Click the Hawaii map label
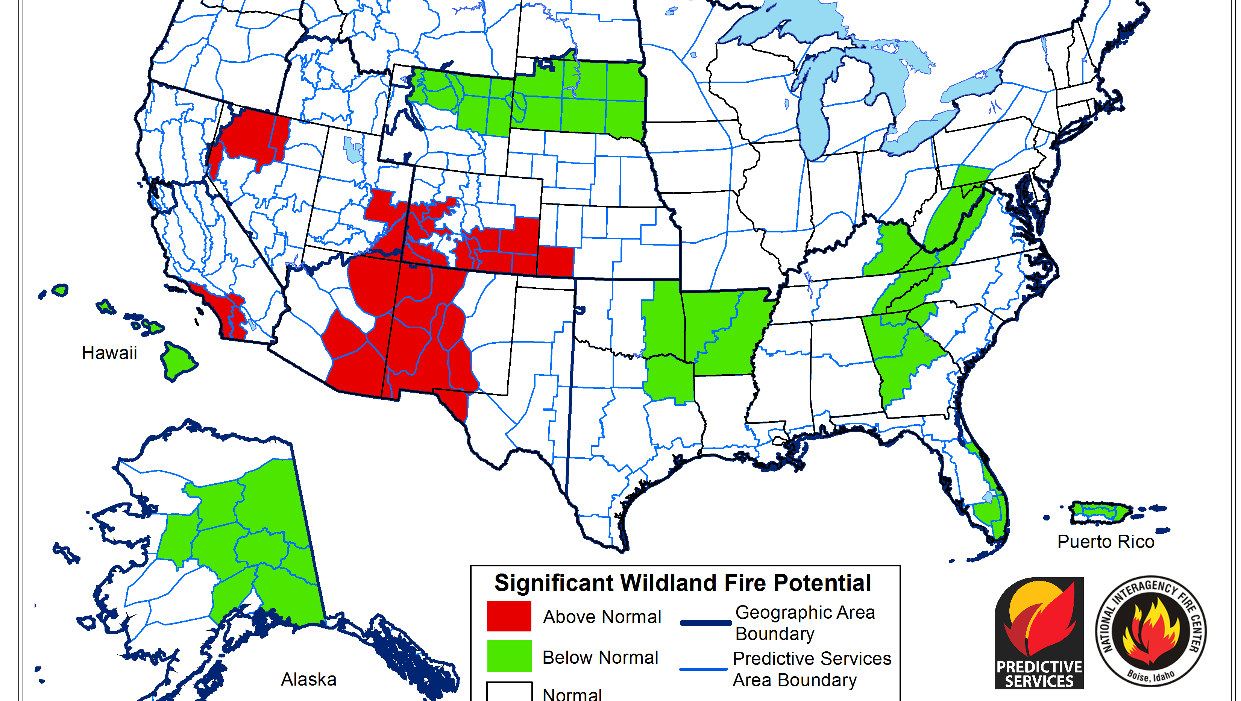click(x=109, y=353)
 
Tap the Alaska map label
click(x=309, y=679)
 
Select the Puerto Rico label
click(x=1106, y=542)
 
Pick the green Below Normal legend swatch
click(x=509, y=656)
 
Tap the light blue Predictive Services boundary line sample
click(x=703, y=669)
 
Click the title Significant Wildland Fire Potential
click(x=683, y=583)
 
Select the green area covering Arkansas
click(x=723, y=332)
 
